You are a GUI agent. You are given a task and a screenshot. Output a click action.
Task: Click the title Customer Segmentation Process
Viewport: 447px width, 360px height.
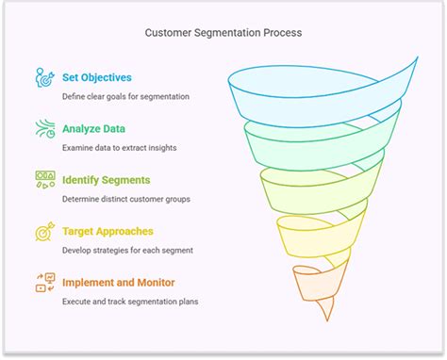(x=223, y=33)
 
